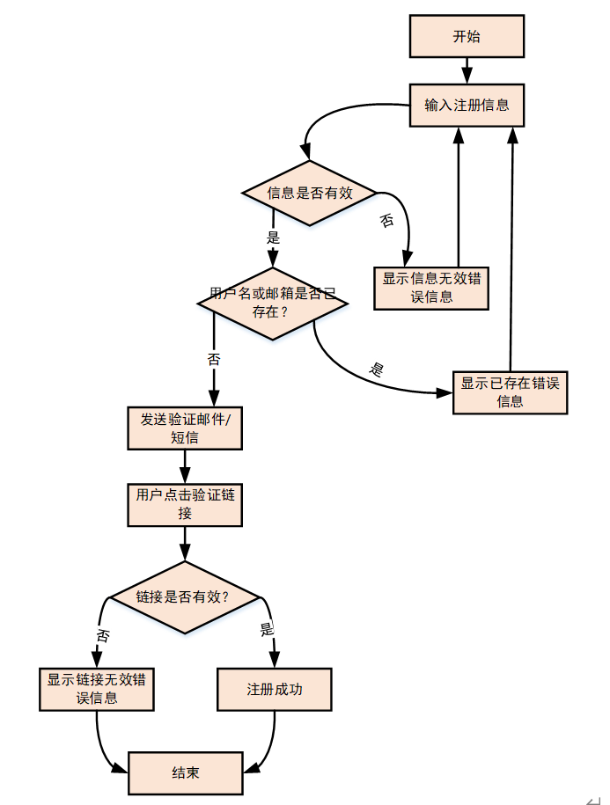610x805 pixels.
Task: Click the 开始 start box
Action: click(x=467, y=37)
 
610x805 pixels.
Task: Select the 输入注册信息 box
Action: click(x=467, y=106)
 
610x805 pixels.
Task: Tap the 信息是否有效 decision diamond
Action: click(x=309, y=193)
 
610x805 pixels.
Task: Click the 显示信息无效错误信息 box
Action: click(x=431, y=288)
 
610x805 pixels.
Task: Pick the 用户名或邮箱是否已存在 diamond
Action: click(x=272, y=302)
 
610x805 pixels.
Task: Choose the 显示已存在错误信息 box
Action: click(x=510, y=392)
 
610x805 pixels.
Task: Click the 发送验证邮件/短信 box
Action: click(x=185, y=428)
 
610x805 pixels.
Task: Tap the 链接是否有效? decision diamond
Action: click(x=185, y=597)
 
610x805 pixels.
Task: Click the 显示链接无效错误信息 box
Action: click(x=97, y=689)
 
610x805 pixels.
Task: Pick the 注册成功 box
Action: click(x=274, y=689)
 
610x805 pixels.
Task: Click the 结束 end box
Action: click(x=185, y=773)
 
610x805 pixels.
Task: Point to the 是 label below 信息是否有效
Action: click(x=273, y=237)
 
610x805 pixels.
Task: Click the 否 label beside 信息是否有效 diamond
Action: click(x=386, y=221)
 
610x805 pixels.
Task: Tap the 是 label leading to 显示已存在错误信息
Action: click(x=377, y=370)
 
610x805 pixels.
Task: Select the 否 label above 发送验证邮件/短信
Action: click(x=213, y=359)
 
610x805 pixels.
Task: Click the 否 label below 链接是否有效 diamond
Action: click(x=103, y=635)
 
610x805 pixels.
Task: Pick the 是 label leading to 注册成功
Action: click(x=268, y=630)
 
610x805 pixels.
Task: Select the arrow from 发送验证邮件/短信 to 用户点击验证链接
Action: click(x=185, y=465)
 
